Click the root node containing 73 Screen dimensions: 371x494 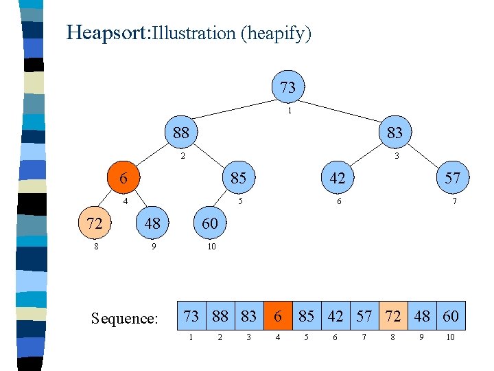tap(288, 87)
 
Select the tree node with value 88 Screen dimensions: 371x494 tap(181, 131)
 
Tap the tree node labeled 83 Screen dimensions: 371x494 tap(395, 131)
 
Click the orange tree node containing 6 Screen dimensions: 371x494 tap(123, 177)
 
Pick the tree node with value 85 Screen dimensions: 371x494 tap(238, 177)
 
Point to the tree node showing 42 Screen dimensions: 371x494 tap(338, 177)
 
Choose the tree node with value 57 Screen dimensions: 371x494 tap(452, 177)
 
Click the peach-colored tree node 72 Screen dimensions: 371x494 tap(95, 223)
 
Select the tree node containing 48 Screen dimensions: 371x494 tap(152, 223)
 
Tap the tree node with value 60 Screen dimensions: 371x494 tap(210, 223)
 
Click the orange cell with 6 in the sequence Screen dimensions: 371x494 tap(278, 316)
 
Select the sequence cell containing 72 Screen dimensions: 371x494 tap(392, 316)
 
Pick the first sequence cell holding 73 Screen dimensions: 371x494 tap(191, 316)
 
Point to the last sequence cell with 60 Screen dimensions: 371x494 tap(451, 316)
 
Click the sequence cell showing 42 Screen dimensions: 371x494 tap(335, 316)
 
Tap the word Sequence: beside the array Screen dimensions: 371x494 tap(125, 318)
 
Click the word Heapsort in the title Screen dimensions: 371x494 tap(108, 32)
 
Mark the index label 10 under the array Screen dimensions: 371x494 tap(451, 337)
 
